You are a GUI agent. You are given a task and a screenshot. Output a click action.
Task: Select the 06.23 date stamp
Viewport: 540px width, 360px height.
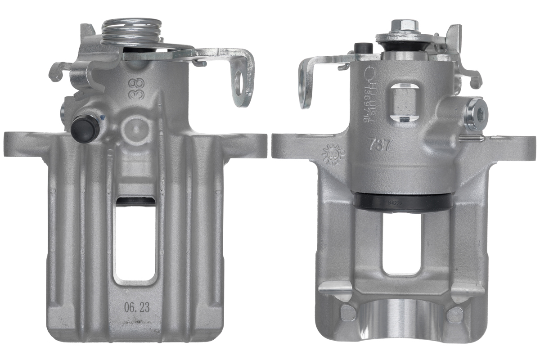point(137,308)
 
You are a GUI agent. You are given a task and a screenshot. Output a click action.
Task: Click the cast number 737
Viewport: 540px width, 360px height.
point(381,145)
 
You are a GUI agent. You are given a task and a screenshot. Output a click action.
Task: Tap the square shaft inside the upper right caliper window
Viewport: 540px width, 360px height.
point(402,103)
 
